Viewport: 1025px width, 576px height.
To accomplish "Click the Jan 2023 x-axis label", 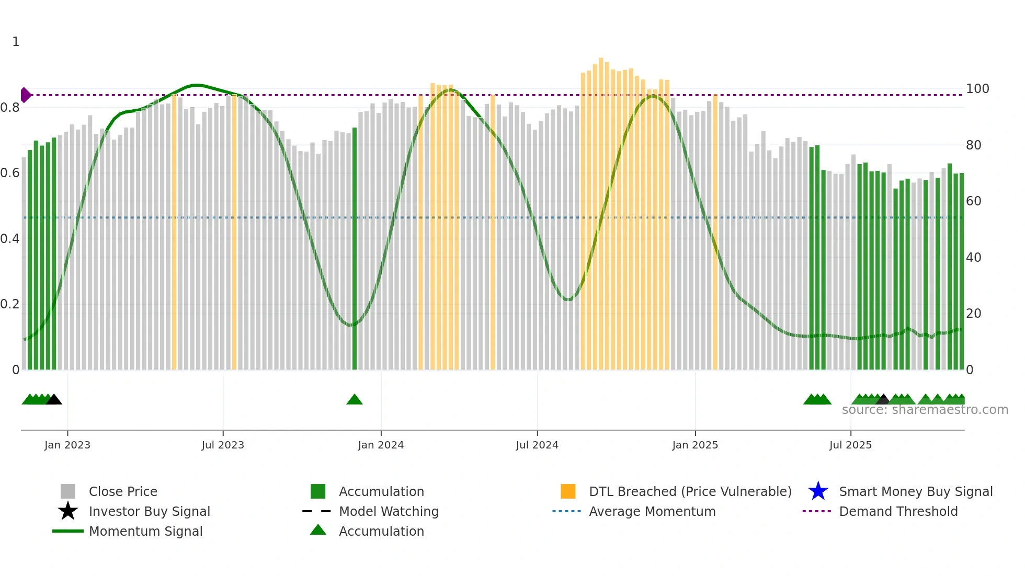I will tap(67, 445).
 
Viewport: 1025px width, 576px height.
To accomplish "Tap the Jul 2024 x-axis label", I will tap(537, 445).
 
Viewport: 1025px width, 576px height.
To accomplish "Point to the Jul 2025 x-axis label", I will tap(850, 445).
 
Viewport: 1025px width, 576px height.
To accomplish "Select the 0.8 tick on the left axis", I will tap(10, 108).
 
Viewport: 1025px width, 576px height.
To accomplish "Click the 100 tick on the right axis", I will tap(977, 89).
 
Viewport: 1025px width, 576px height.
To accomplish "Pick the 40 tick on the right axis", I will tap(973, 257).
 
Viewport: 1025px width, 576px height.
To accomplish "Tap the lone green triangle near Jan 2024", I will tap(355, 400).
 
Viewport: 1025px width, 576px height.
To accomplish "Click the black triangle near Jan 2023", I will tap(54, 400).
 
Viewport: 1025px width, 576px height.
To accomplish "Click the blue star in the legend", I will tap(818, 491).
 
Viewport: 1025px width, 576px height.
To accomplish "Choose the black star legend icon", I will tap(68, 511).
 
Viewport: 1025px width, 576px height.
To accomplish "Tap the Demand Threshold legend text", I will tap(898, 511).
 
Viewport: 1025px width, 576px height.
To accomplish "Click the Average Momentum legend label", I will tap(652, 511).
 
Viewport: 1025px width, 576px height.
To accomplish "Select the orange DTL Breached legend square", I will tap(568, 491).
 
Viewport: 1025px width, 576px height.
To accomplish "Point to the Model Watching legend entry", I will tap(389, 511).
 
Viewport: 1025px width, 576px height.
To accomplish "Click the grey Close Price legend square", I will tap(68, 491).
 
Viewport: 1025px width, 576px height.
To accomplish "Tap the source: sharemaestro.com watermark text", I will tap(925, 410).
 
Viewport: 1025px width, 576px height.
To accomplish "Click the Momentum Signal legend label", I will tap(145, 531).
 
